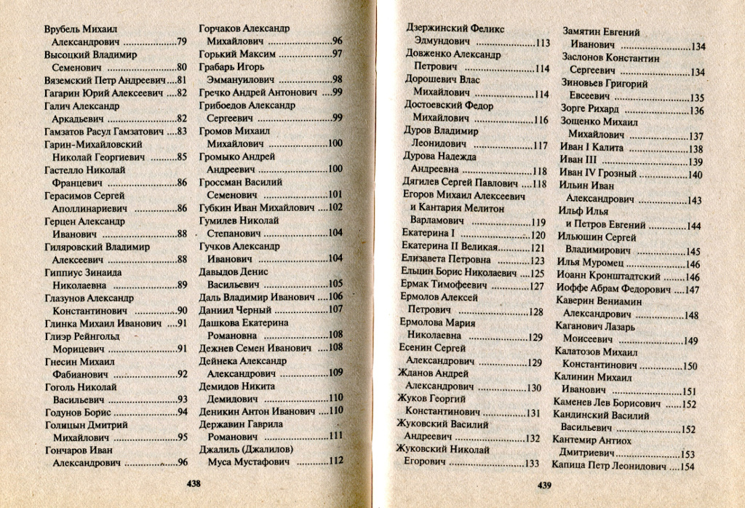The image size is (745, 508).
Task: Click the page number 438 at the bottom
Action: (x=194, y=483)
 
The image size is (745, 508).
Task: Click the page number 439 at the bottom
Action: (x=546, y=485)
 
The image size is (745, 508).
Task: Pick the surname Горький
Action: (x=219, y=54)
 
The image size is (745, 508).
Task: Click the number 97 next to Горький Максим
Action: (x=337, y=54)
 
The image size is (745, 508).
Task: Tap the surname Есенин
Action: (x=420, y=349)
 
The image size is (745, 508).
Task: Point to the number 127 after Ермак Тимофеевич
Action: (x=536, y=286)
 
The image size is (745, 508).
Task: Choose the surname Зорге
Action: (x=575, y=110)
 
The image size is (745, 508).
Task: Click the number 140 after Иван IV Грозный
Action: (x=695, y=175)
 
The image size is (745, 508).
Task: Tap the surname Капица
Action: (x=570, y=467)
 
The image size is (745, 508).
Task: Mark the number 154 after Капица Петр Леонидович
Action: (x=686, y=467)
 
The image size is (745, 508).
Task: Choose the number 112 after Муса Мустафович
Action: (x=335, y=461)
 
